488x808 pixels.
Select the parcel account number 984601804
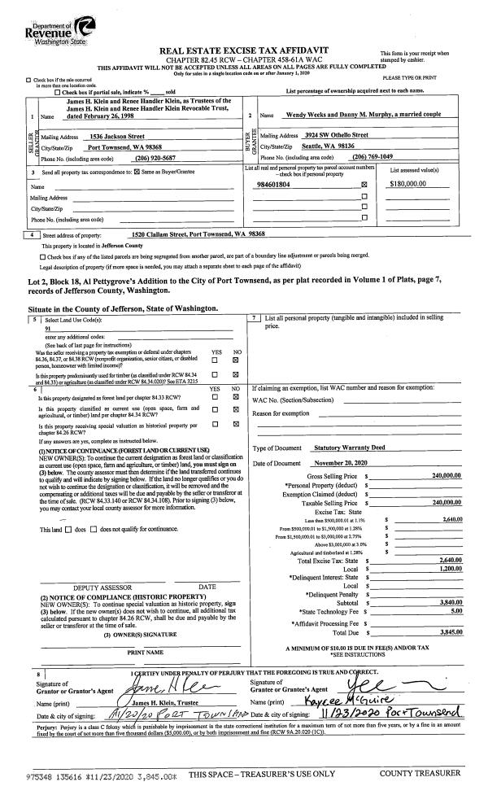(x=273, y=185)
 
